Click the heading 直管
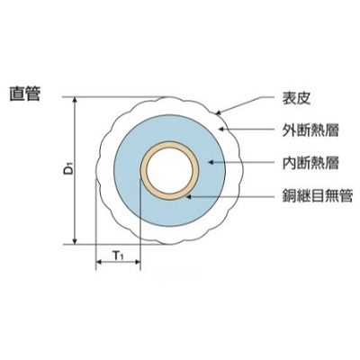click(25, 94)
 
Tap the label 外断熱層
click(310, 130)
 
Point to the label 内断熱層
click(310, 163)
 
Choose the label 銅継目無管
click(318, 195)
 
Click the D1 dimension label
click(68, 170)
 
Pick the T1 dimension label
click(118, 256)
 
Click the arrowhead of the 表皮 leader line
click(218, 113)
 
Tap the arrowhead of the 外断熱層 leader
click(221, 130)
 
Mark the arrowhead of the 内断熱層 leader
click(211, 162)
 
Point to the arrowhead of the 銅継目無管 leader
click(188, 196)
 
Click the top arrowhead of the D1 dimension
click(76, 100)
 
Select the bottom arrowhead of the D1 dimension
click(76, 241)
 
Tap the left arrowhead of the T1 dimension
click(99, 262)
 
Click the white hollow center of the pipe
click(169, 171)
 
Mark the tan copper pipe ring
click(143, 171)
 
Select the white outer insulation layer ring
click(105, 171)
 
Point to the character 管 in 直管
click(32, 94)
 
